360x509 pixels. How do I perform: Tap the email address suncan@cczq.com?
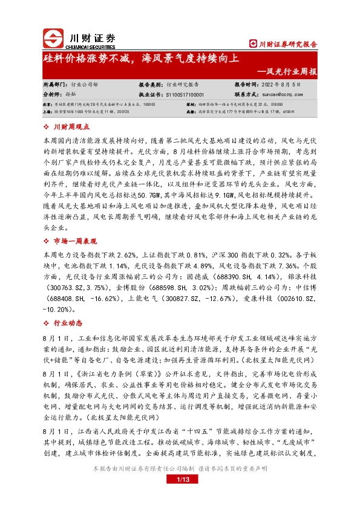[x=277, y=94]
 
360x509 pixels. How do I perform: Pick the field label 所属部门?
[x=56, y=85]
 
